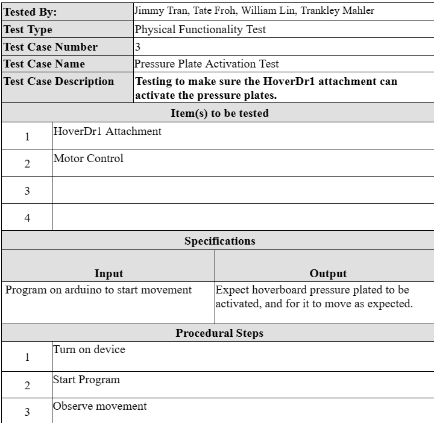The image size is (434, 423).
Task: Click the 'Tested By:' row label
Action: (30, 12)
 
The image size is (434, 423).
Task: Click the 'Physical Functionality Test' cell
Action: (200, 29)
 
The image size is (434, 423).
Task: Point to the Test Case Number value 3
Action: (138, 46)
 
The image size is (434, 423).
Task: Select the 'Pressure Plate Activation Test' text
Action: (206, 63)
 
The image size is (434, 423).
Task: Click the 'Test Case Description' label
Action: (58, 81)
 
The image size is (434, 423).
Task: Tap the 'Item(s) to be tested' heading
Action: (219, 113)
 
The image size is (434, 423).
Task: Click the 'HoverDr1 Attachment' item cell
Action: (107, 131)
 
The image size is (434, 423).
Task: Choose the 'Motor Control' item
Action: (88, 158)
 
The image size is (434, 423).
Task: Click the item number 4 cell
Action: (27, 218)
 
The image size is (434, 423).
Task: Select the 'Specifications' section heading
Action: (219, 241)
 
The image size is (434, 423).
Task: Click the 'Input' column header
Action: (108, 274)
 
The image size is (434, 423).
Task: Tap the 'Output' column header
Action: (328, 274)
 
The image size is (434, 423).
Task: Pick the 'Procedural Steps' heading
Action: (219, 333)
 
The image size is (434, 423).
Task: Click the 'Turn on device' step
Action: (89, 349)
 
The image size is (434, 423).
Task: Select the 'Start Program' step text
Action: (86, 380)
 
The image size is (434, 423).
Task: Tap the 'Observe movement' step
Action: (99, 406)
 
